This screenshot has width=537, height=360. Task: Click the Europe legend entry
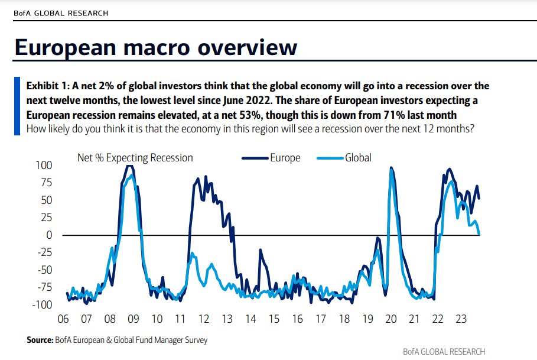coord(285,158)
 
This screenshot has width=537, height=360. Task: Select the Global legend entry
coord(358,158)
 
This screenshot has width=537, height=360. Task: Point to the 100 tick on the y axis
coord(45,165)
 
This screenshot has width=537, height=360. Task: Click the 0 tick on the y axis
coord(50,235)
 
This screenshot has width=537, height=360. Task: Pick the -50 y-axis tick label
coord(45,270)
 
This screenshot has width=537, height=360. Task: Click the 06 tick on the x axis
coord(63,319)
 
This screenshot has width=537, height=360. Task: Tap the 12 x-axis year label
coord(204,319)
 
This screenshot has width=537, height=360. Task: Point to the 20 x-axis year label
coord(390,319)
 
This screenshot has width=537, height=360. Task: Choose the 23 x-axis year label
coord(461,319)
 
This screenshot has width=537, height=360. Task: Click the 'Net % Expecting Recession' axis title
coord(135,158)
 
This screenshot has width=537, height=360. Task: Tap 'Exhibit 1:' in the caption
coord(48,86)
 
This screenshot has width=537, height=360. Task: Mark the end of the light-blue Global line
coord(479,234)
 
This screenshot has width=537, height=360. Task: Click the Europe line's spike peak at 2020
coord(391,168)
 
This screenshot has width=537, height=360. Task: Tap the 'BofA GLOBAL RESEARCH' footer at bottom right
coord(444,352)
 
